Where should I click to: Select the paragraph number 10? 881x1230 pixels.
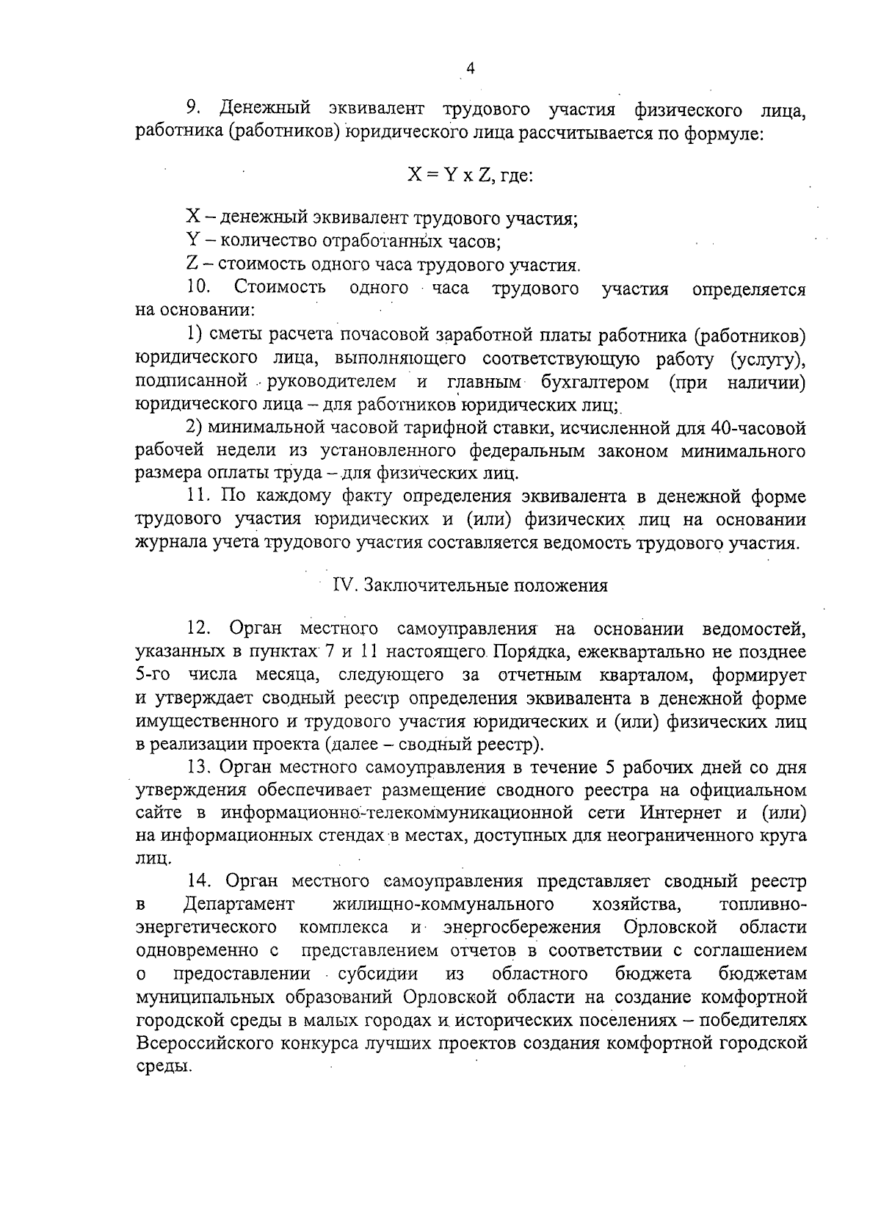pos(199,287)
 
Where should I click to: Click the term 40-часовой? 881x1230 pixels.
pos(759,427)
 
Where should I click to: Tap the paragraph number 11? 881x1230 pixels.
pos(198,496)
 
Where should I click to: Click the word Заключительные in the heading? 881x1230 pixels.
pos(434,585)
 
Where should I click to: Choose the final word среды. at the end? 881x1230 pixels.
pos(164,1066)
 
